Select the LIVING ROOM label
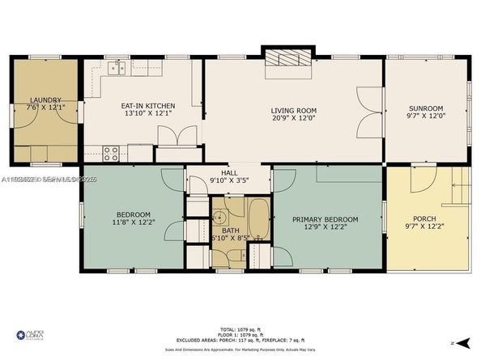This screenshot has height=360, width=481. [293, 111]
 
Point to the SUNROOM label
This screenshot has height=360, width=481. [425, 108]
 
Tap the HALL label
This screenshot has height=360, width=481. [229, 173]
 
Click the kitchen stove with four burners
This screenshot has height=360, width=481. [112, 150]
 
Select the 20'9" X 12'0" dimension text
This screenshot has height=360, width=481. [293, 119]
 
